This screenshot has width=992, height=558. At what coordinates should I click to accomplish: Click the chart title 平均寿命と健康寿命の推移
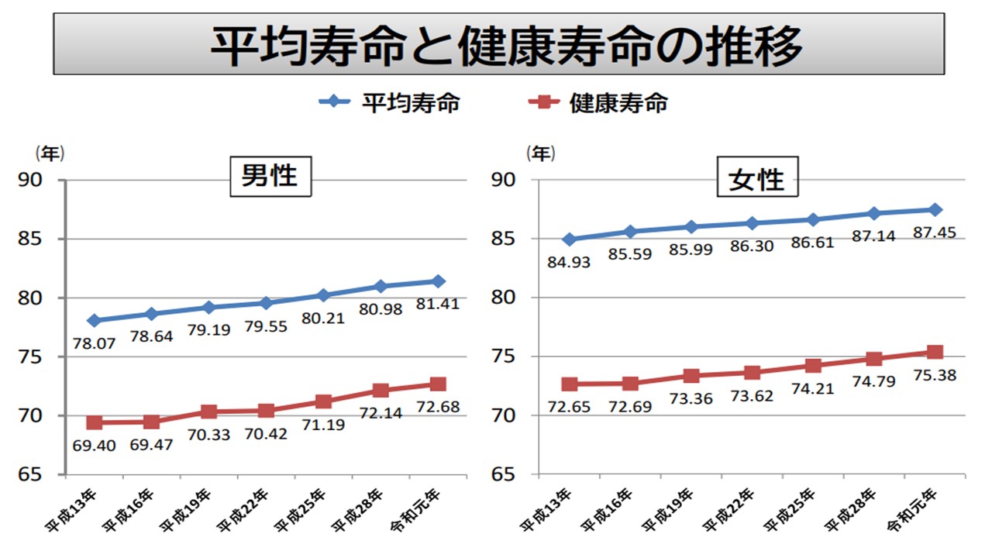point(498,44)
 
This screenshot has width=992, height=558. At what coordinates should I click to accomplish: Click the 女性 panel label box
point(756,179)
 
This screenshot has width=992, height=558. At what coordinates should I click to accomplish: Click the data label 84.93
point(568,262)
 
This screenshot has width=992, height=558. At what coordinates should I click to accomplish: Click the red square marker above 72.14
point(381,390)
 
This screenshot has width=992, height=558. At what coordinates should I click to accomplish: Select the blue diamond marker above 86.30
point(751,223)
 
